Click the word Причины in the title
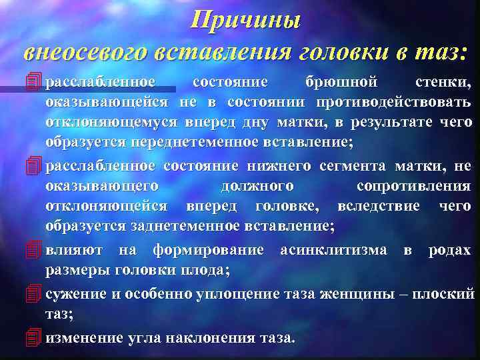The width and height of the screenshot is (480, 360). (x=245, y=19)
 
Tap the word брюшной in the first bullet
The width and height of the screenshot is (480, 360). (x=341, y=82)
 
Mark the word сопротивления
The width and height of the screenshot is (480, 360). (x=413, y=186)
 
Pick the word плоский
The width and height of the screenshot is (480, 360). (x=452, y=293)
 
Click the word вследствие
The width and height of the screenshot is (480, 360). (x=379, y=206)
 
